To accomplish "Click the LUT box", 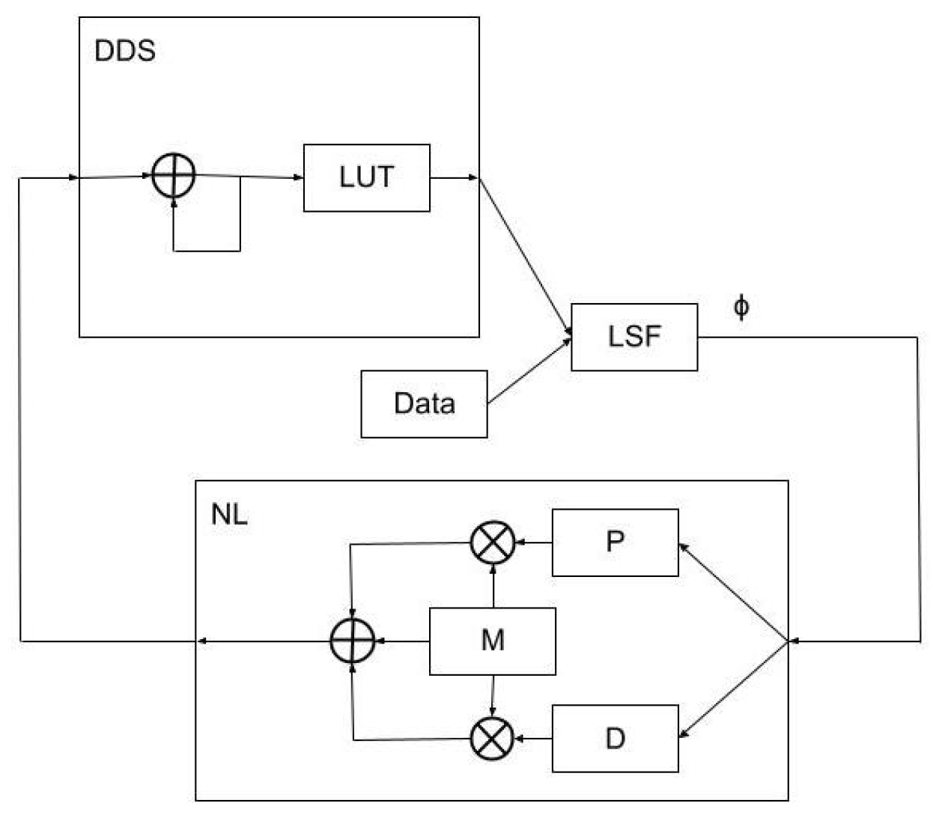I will click(x=366, y=178).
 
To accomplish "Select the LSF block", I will click(x=634, y=337).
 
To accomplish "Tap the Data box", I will click(x=424, y=403).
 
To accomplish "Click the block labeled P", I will click(x=615, y=543).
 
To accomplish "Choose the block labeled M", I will click(x=492, y=641).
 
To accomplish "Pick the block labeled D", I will click(x=615, y=739).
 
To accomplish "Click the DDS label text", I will click(x=125, y=51).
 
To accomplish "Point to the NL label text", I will click(x=228, y=515).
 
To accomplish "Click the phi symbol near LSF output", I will click(x=741, y=307).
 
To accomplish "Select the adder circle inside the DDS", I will click(x=174, y=177).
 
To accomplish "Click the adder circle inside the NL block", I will click(x=352, y=641).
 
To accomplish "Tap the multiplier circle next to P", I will click(x=492, y=543).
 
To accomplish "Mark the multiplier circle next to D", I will click(x=492, y=739).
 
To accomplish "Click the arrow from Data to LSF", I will click(x=529, y=371).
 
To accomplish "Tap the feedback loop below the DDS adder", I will click(x=207, y=250).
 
